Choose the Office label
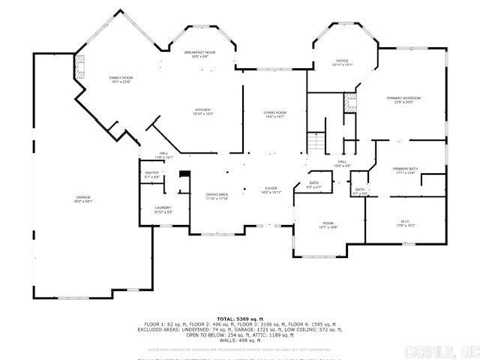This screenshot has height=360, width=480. pos(342,62)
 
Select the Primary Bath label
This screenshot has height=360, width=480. pos(405,171)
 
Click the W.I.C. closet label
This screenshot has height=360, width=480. pos(405,223)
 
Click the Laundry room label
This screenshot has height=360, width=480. pos(163,210)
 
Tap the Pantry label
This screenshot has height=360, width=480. pos(151,175)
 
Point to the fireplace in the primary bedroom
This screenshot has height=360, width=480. pos(349,103)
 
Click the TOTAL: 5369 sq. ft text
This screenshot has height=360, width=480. pos(240,319)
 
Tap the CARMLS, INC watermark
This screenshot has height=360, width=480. pos(442,349)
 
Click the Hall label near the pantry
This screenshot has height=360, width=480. pos(163,156)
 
